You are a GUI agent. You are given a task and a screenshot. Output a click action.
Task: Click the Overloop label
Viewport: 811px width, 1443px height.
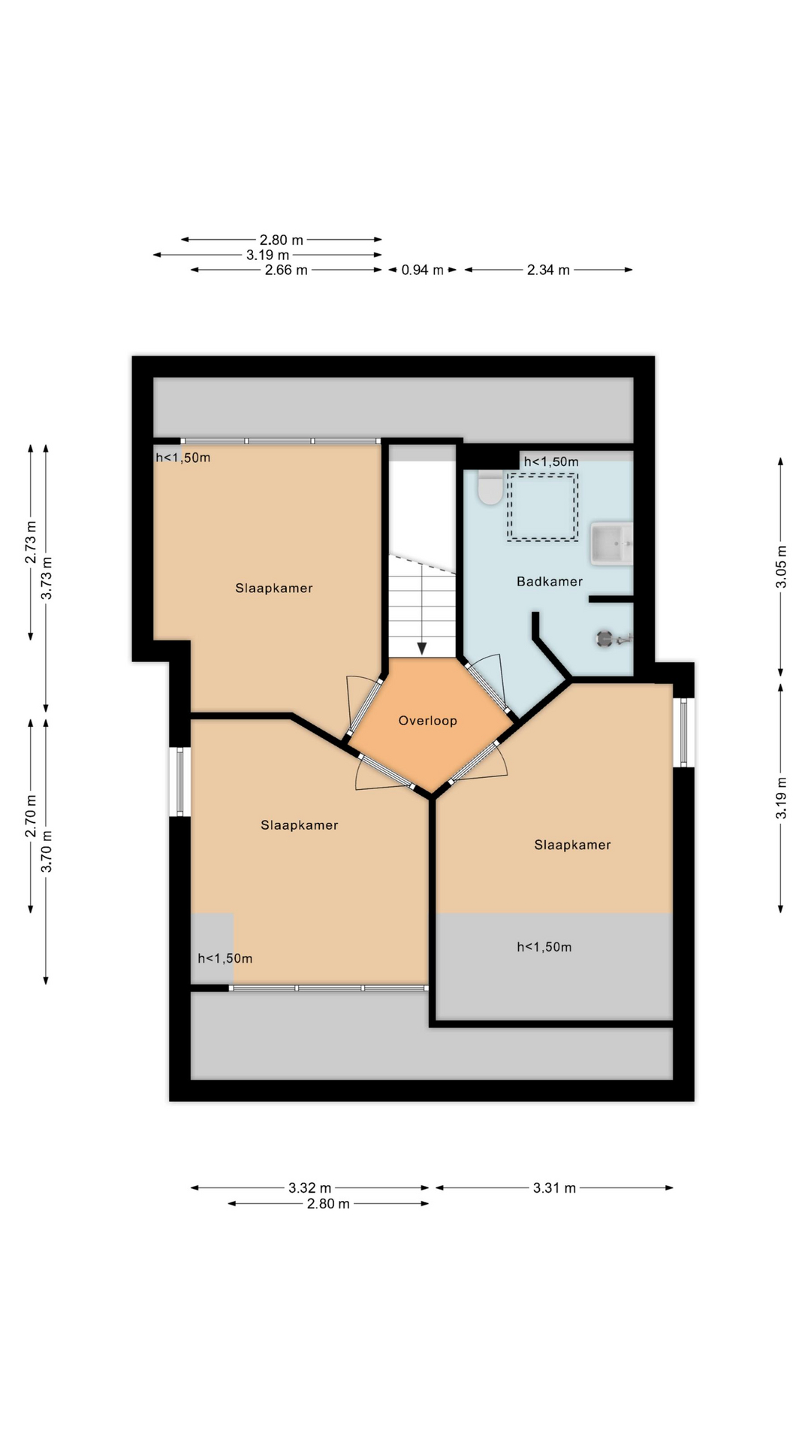(427, 721)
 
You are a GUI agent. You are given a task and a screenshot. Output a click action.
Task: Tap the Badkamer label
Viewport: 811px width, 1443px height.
(549, 582)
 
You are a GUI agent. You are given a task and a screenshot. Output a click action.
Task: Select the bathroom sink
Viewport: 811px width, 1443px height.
(611, 544)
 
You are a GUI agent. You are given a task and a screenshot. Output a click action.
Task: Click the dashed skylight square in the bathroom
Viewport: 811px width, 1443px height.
(542, 507)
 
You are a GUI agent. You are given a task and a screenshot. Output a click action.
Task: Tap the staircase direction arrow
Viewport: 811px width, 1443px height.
(422, 648)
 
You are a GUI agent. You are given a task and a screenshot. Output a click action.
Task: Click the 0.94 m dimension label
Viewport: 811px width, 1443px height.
(422, 270)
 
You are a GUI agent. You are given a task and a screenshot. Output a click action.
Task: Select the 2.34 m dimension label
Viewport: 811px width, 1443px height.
(548, 270)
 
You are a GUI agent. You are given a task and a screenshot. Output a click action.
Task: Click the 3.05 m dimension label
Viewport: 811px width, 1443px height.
(781, 567)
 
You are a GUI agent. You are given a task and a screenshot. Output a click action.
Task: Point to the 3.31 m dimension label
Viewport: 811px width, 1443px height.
(554, 1188)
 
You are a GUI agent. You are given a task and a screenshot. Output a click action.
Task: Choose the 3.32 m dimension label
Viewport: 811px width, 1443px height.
(309, 1188)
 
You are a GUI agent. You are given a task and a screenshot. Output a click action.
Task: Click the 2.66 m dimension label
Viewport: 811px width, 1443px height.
(286, 270)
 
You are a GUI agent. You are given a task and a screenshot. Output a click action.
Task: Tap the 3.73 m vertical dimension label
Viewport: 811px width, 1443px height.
(47, 578)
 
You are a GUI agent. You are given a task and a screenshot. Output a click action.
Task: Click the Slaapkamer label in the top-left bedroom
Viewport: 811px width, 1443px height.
(273, 588)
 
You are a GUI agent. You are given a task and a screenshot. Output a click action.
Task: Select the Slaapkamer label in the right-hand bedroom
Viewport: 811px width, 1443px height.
(572, 845)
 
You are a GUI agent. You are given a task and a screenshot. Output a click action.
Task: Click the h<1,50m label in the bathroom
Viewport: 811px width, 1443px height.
(551, 461)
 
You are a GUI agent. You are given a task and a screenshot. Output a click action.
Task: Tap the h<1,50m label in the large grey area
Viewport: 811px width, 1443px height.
(544, 947)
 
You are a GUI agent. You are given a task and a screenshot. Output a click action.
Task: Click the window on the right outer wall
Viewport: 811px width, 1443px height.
(683, 733)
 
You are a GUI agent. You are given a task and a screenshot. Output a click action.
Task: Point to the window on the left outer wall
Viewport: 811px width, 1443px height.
(179, 782)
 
